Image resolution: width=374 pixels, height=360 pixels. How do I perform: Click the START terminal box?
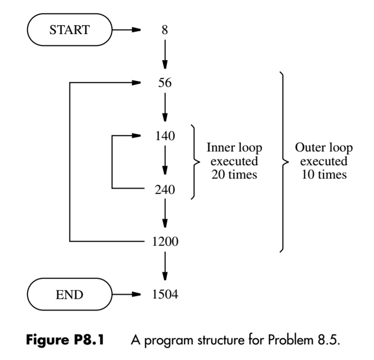coord(70,30)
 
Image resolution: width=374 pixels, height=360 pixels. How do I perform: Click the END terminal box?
coord(70,295)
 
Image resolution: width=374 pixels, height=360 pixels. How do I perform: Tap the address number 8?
coord(165,30)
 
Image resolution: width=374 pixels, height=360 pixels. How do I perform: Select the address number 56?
coord(165,83)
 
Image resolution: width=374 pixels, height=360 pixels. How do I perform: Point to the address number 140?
coord(165,136)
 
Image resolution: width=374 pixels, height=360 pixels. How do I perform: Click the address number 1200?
coord(165,242)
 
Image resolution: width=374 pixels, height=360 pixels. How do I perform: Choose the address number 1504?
coord(165,295)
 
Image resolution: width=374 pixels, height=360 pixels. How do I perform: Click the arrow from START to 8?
coord(127,30)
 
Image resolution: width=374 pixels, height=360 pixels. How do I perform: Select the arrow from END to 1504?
coord(127,295)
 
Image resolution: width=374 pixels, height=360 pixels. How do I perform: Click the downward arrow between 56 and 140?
coord(165,109)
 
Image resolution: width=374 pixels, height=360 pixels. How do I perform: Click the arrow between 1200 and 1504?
coord(165,268)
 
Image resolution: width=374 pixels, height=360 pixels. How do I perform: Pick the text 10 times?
coord(324,174)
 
